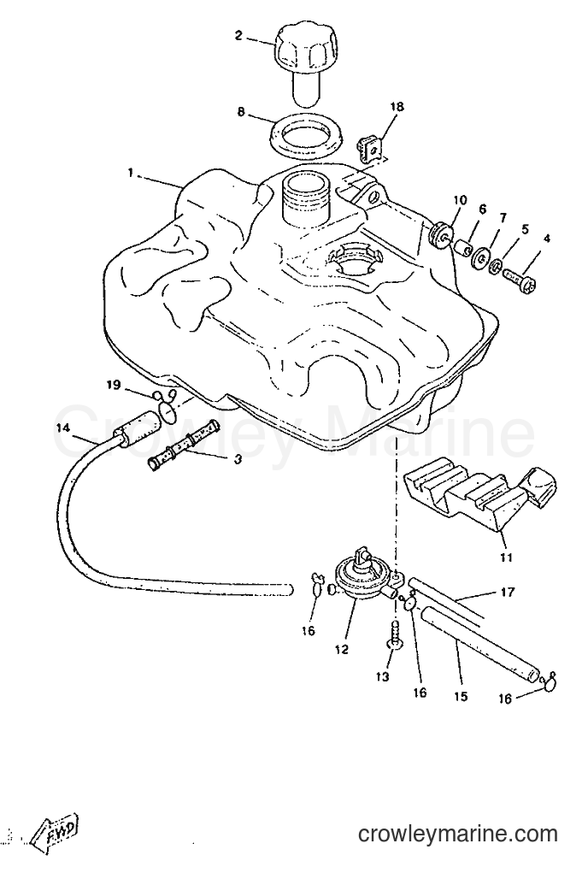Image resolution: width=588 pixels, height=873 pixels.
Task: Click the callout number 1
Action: (x=131, y=174)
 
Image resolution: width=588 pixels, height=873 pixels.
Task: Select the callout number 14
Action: (x=63, y=428)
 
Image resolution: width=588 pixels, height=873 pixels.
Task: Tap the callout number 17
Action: (x=508, y=593)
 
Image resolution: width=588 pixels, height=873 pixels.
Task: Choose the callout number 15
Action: (x=461, y=696)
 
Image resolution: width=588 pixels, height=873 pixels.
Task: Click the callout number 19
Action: (x=114, y=385)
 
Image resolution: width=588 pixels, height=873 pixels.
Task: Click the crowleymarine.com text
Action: (x=457, y=834)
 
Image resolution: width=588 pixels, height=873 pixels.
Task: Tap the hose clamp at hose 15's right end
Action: (x=550, y=681)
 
